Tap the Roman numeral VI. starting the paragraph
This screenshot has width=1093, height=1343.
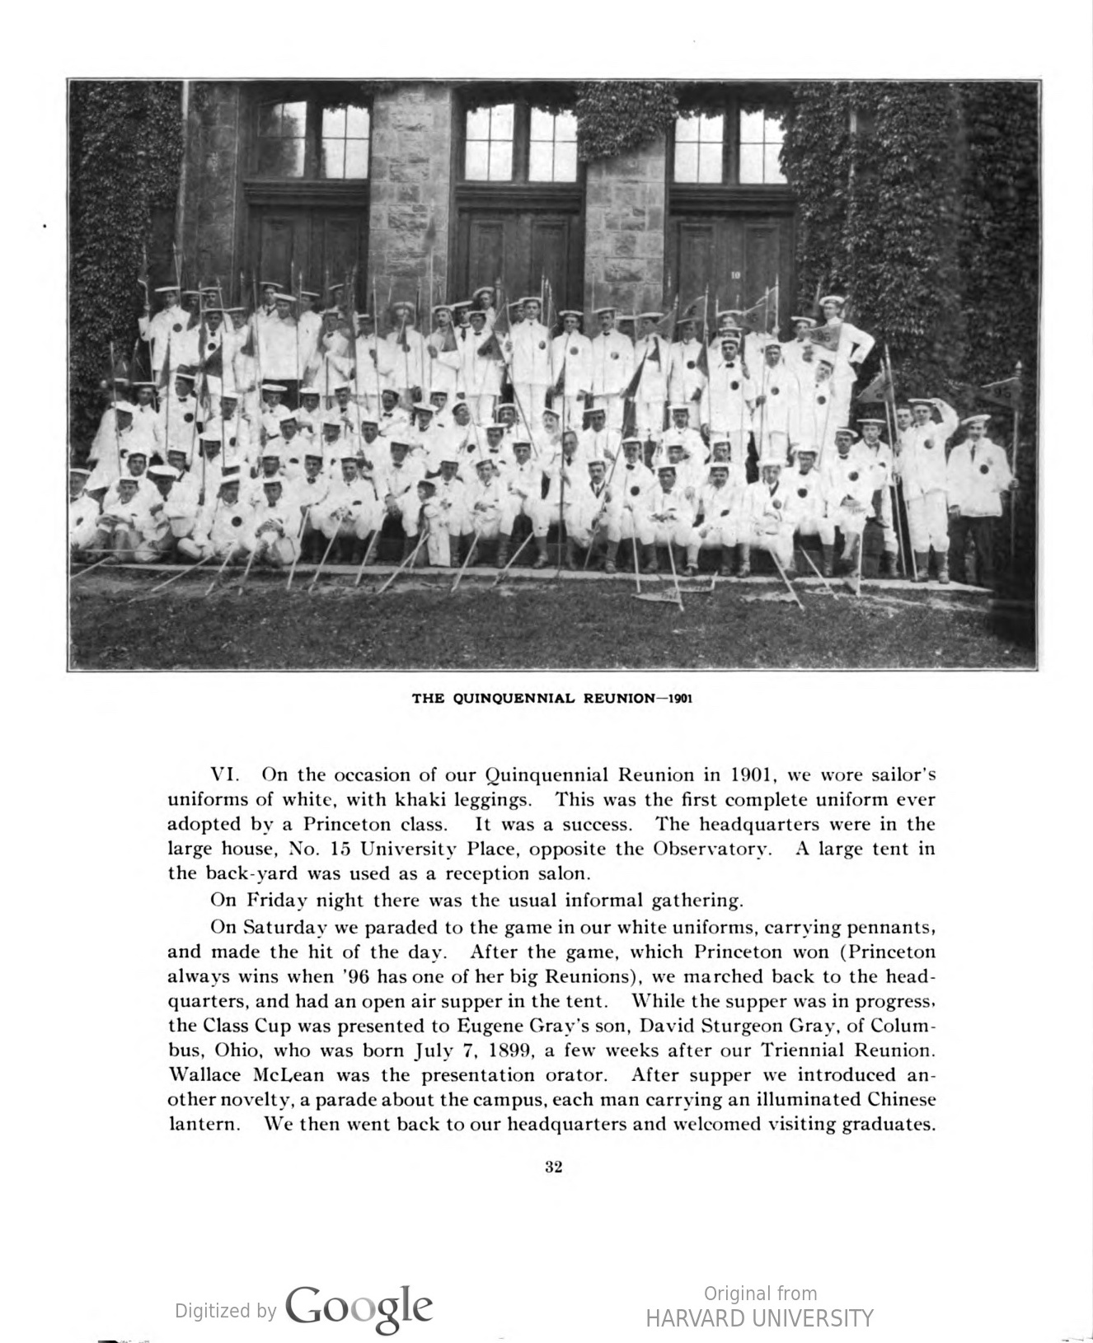click(225, 775)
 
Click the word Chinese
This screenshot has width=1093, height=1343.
click(902, 1100)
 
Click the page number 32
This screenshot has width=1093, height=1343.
click(554, 1167)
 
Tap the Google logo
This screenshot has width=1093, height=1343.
click(359, 1308)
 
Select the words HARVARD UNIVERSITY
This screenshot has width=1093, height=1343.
click(758, 1319)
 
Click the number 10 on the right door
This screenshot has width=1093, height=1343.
click(735, 275)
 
